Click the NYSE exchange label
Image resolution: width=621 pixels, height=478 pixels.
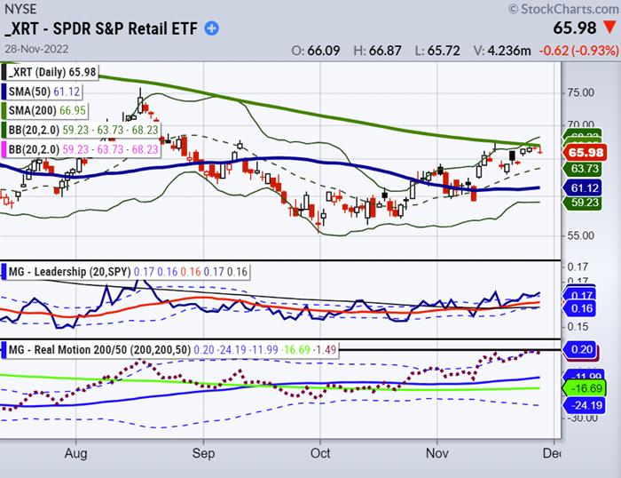click(x=20, y=9)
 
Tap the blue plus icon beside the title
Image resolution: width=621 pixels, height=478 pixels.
click(x=212, y=28)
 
